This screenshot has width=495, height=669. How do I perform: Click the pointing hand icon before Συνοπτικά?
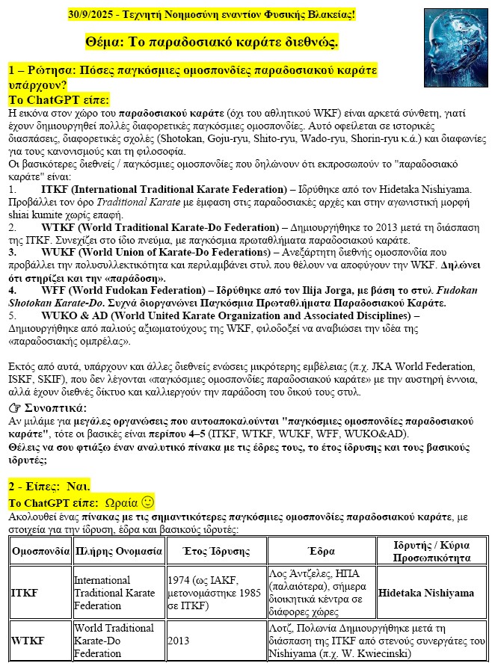click(x=14, y=408)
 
